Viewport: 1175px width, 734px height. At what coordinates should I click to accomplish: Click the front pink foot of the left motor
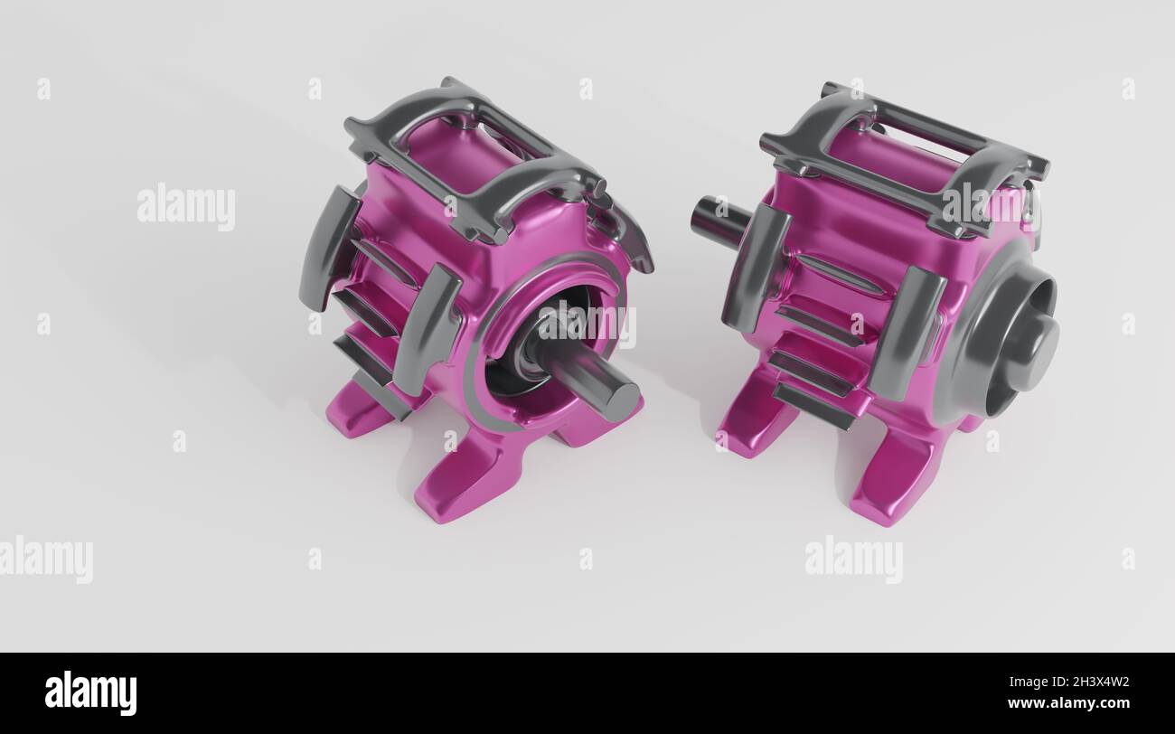461,479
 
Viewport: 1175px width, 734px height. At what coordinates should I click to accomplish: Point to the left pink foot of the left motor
357,411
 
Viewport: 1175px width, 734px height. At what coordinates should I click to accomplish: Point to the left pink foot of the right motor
755,420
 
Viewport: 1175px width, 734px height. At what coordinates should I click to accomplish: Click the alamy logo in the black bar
90,693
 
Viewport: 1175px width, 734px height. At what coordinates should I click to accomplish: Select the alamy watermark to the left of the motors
186,206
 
